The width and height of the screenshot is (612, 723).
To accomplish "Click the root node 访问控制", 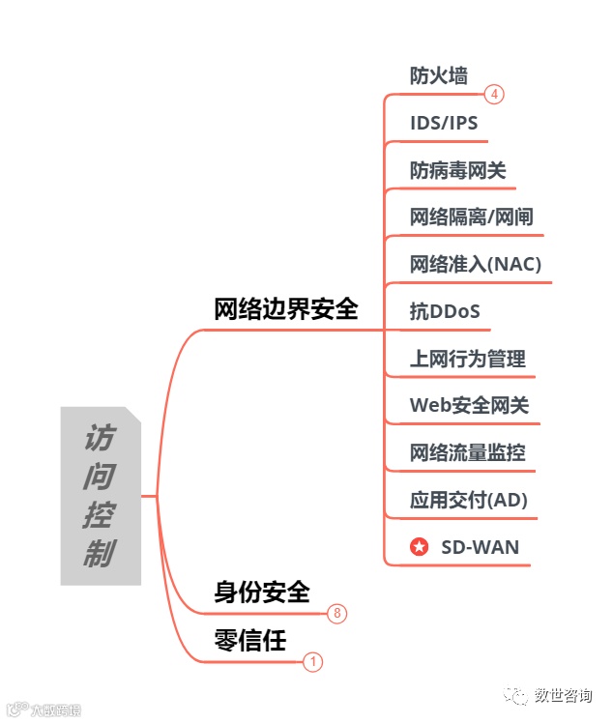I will tap(100, 495).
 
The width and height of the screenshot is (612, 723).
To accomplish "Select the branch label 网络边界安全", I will tap(285, 309).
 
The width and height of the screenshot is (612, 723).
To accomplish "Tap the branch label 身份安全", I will tap(261, 592).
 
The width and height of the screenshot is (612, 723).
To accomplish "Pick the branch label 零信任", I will tap(249, 640).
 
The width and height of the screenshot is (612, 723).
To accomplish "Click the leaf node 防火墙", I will tap(438, 76).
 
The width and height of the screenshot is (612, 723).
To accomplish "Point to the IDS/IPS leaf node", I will tap(444, 124).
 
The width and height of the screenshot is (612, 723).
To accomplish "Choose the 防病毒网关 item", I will tap(457, 171).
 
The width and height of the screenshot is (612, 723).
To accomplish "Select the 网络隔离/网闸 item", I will tap(472, 217).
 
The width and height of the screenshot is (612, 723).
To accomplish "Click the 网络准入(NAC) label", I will tap(475, 265).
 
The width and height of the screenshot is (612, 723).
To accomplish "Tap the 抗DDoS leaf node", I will tap(445, 312).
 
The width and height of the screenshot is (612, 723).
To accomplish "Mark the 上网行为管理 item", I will tap(467, 360).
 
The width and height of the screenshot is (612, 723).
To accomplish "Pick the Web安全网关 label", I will tap(469, 406).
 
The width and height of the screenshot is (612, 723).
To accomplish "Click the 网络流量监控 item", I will tap(467, 453).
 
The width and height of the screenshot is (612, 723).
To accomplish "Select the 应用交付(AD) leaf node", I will tap(468, 501).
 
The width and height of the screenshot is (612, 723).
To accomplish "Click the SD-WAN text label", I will tap(480, 547).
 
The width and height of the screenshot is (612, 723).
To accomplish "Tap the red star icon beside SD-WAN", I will tap(419, 547).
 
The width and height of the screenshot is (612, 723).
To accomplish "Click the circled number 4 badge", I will tap(494, 95).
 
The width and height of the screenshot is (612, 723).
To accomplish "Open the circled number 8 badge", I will tap(336, 614).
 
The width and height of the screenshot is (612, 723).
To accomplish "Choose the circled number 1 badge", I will tap(312, 662).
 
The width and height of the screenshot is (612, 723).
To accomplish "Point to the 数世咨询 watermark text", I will tap(566, 696).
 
